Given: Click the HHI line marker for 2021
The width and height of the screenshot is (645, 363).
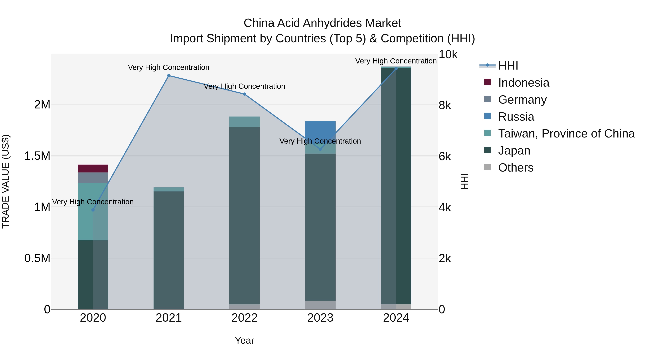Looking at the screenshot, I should [169, 75].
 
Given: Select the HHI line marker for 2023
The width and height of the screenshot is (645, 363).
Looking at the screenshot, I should [320, 149].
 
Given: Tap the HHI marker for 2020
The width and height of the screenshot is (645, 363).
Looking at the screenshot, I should [93, 210].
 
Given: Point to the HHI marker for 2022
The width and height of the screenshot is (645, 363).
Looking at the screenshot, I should [244, 94].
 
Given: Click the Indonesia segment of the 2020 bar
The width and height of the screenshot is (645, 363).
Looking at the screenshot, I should [93, 168].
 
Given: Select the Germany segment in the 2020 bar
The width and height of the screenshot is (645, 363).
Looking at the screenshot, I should [93, 178].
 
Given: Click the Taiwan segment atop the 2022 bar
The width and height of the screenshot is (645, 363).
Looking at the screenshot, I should [244, 122].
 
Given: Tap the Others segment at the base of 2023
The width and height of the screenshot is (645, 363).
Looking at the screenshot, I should [320, 305].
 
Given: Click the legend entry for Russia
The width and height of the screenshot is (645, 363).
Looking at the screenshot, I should [516, 117].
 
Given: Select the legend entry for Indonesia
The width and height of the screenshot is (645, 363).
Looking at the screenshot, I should [523, 83].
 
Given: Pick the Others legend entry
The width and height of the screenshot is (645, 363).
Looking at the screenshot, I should [515, 168].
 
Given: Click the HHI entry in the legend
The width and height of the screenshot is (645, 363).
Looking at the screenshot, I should [508, 66].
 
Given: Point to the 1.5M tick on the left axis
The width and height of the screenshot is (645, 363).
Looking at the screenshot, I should [37, 156].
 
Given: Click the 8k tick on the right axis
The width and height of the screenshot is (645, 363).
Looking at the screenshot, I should [445, 105].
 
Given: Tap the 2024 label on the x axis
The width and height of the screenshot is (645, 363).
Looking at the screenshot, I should [396, 318].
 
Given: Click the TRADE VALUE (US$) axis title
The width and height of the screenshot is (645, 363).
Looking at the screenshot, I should [6, 181].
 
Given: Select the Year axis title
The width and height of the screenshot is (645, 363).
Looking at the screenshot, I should [244, 340].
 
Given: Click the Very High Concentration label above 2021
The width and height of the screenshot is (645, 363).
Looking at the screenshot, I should [169, 67].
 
